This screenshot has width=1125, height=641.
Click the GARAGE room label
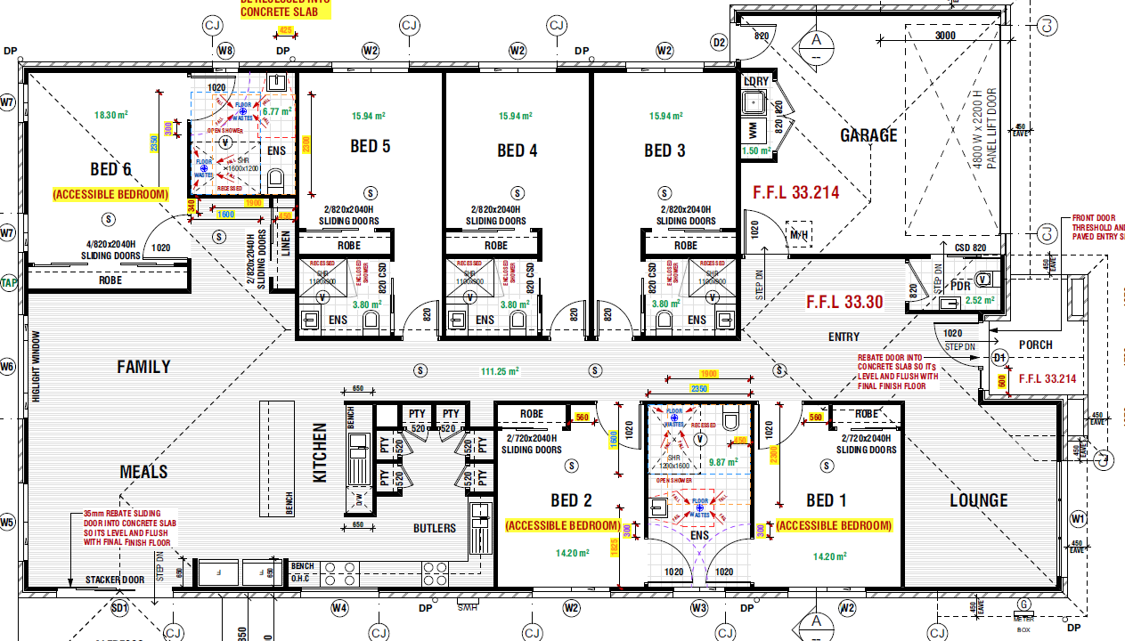[x=868, y=135]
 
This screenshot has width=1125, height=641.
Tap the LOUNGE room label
[x=978, y=500]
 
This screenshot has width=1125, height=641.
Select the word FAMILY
[x=143, y=366]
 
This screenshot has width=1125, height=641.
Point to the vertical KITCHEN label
[x=320, y=452]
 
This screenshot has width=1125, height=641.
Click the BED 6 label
[x=110, y=169]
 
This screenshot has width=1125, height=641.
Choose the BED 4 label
[x=517, y=150]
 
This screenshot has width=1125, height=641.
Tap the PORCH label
[x=1035, y=345]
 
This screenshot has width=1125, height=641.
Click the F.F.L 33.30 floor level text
[x=844, y=302]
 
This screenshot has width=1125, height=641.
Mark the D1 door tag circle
[x=999, y=358]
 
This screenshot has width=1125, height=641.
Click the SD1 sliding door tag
[x=119, y=609]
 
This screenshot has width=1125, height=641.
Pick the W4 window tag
[x=339, y=609]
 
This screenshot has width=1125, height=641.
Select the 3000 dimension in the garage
[x=945, y=36]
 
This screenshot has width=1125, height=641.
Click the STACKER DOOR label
[x=114, y=580]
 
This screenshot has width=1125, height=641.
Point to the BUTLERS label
[x=434, y=528]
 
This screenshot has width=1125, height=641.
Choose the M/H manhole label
[x=799, y=234]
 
